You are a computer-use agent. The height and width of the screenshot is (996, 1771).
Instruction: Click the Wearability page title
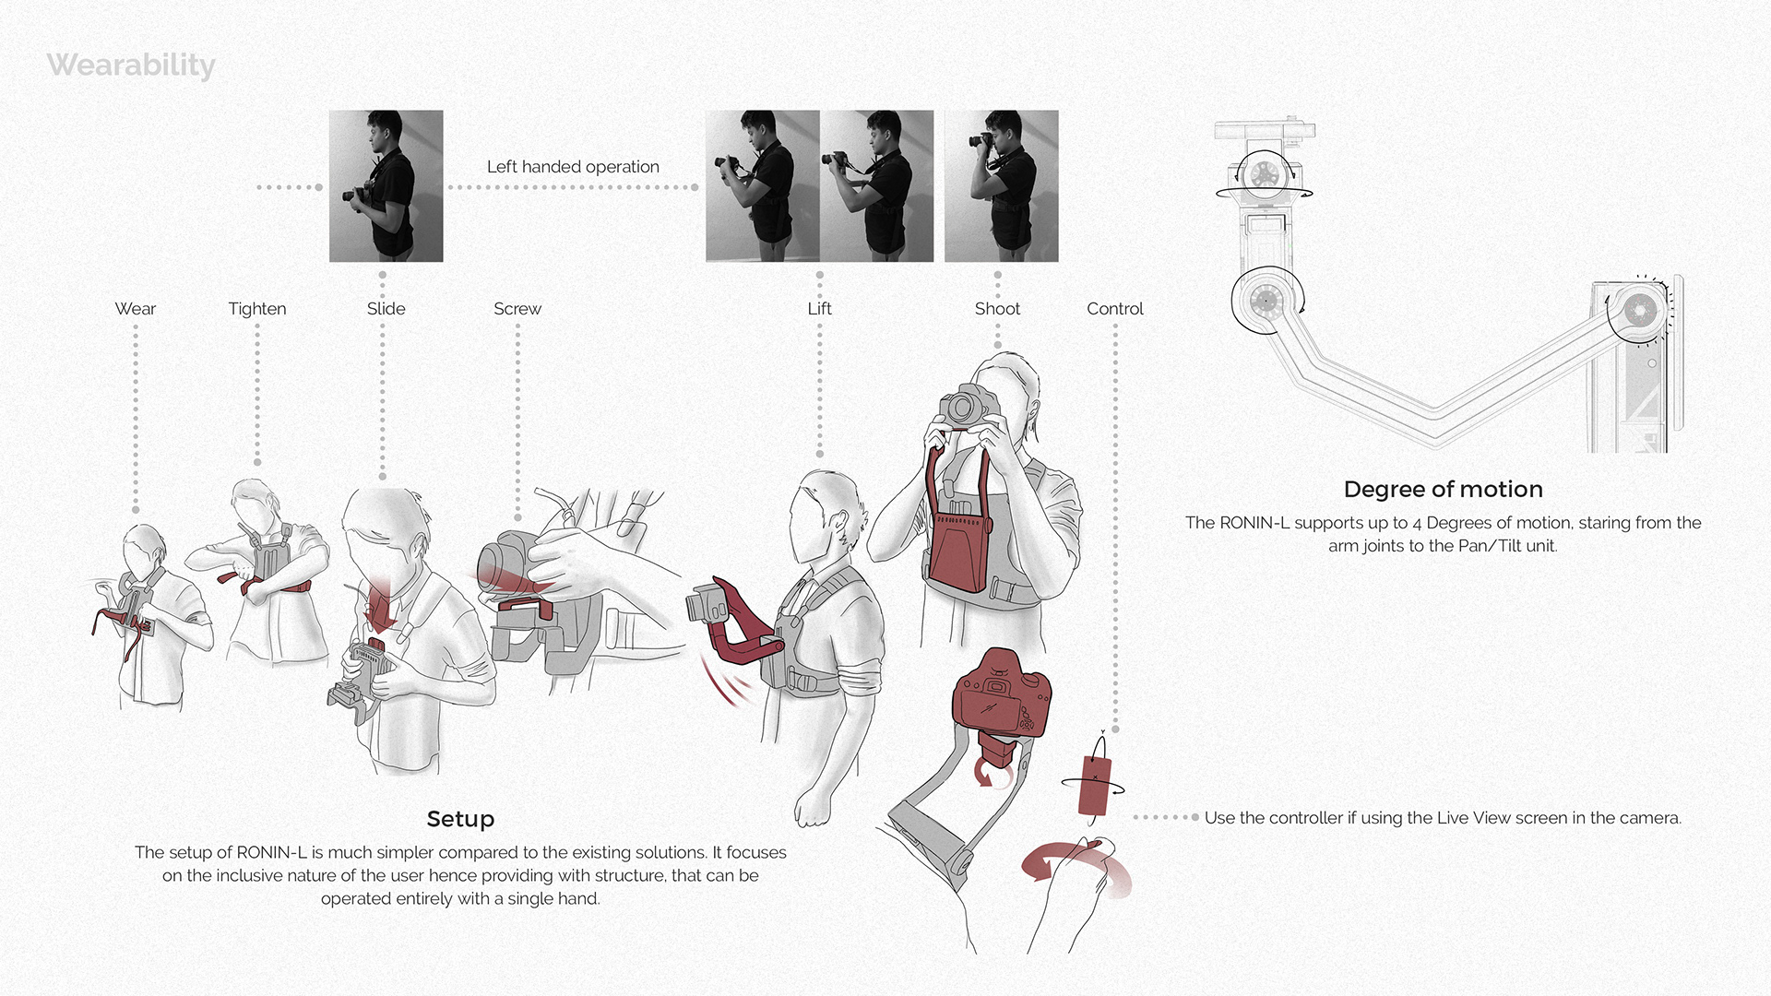click(131, 65)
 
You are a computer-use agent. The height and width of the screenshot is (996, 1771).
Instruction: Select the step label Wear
click(136, 309)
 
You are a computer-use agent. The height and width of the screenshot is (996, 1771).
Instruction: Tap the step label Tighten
click(257, 310)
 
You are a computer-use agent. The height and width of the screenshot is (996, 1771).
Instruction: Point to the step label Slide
click(386, 309)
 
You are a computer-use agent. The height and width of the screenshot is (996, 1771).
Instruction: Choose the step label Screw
click(517, 309)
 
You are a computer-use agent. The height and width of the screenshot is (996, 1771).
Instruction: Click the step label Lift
click(819, 309)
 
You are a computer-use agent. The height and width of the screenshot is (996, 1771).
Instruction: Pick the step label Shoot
click(997, 309)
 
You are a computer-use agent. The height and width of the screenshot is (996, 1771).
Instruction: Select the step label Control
click(1115, 309)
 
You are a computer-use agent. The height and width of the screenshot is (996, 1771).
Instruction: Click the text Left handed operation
click(573, 167)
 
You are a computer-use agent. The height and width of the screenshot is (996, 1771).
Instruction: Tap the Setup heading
click(460, 819)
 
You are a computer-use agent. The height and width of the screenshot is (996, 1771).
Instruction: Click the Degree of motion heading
click(1444, 490)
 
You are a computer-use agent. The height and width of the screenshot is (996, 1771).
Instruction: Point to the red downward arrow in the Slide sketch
click(380, 604)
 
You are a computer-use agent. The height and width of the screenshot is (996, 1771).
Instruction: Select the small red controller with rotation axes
click(1095, 785)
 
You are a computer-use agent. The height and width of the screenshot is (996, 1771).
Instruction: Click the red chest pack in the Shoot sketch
click(959, 544)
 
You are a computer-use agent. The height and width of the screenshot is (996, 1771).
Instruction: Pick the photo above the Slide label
click(386, 186)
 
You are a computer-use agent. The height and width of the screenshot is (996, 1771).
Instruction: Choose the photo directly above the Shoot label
click(1002, 186)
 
